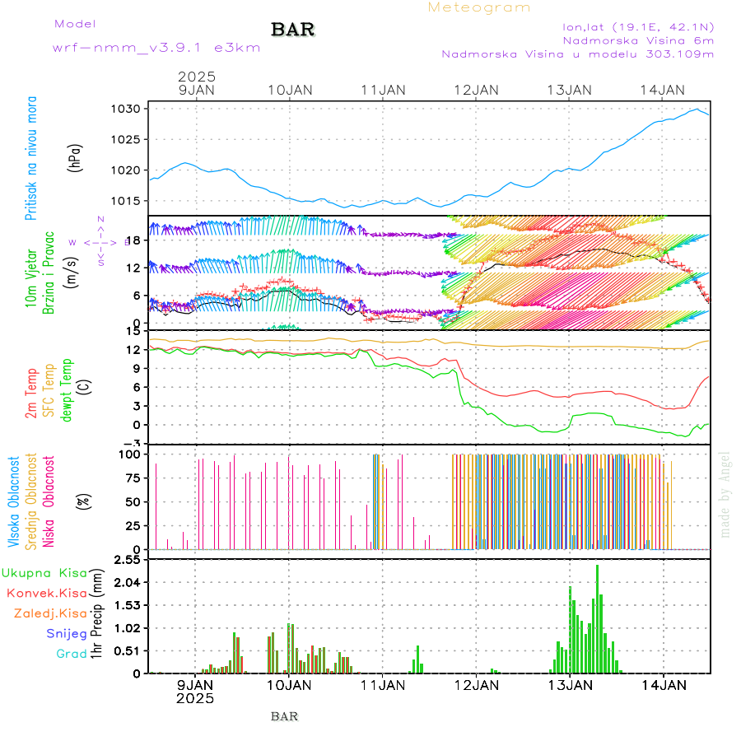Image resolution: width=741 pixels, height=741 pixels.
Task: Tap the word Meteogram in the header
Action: (479, 7)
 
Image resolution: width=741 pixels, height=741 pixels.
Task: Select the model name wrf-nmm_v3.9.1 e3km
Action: (156, 48)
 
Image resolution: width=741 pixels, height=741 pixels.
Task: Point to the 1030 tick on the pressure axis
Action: (131, 109)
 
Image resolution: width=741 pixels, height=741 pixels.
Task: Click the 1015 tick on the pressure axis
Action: (131, 201)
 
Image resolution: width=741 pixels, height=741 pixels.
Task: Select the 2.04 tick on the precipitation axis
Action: (129, 582)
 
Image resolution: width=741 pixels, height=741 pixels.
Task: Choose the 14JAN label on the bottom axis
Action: (664, 684)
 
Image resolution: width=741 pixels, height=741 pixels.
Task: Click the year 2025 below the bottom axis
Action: (195, 698)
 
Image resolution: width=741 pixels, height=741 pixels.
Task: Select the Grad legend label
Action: (71, 654)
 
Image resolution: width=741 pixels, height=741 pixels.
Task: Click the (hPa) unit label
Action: (77, 157)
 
